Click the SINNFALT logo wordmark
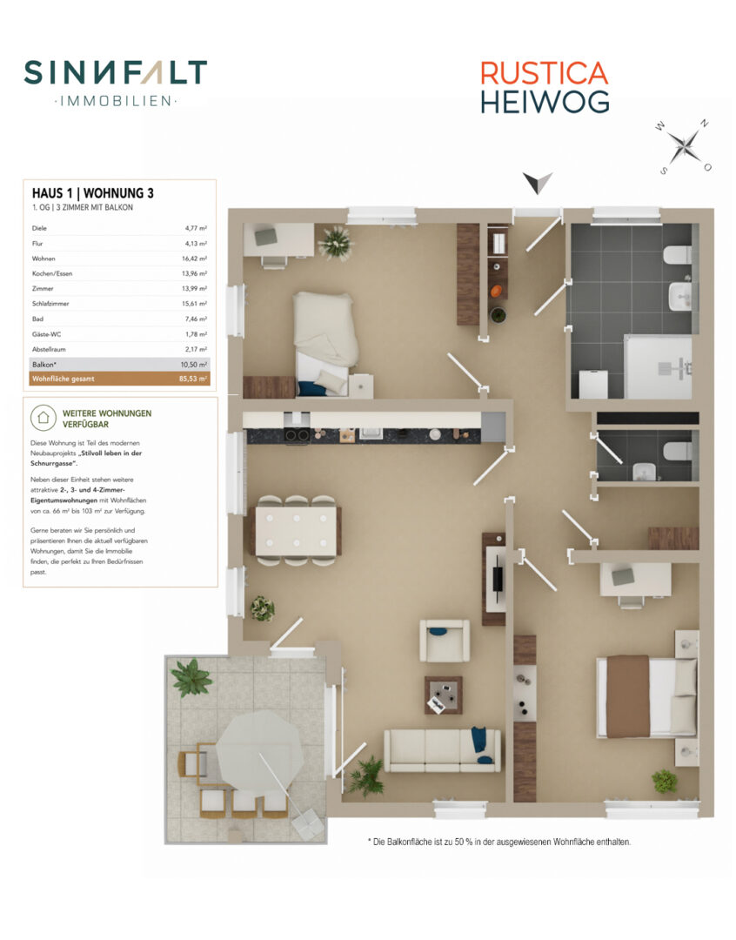click(116, 72)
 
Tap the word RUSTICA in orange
click(545, 74)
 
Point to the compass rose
click(683, 146)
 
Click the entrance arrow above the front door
click(537, 182)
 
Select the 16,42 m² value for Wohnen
click(194, 258)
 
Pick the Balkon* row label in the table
click(44, 365)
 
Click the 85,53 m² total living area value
click(193, 379)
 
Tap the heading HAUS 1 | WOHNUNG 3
click(93, 193)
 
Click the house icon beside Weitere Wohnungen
click(43, 417)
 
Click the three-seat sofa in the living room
click(442, 750)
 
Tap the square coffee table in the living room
click(443, 695)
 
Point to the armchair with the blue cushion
click(444, 641)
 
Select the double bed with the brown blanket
click(646, 696)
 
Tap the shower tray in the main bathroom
click(658, 367)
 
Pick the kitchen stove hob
click(296, 435)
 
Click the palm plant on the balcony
click(191, 677)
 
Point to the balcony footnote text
click(499, 842)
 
